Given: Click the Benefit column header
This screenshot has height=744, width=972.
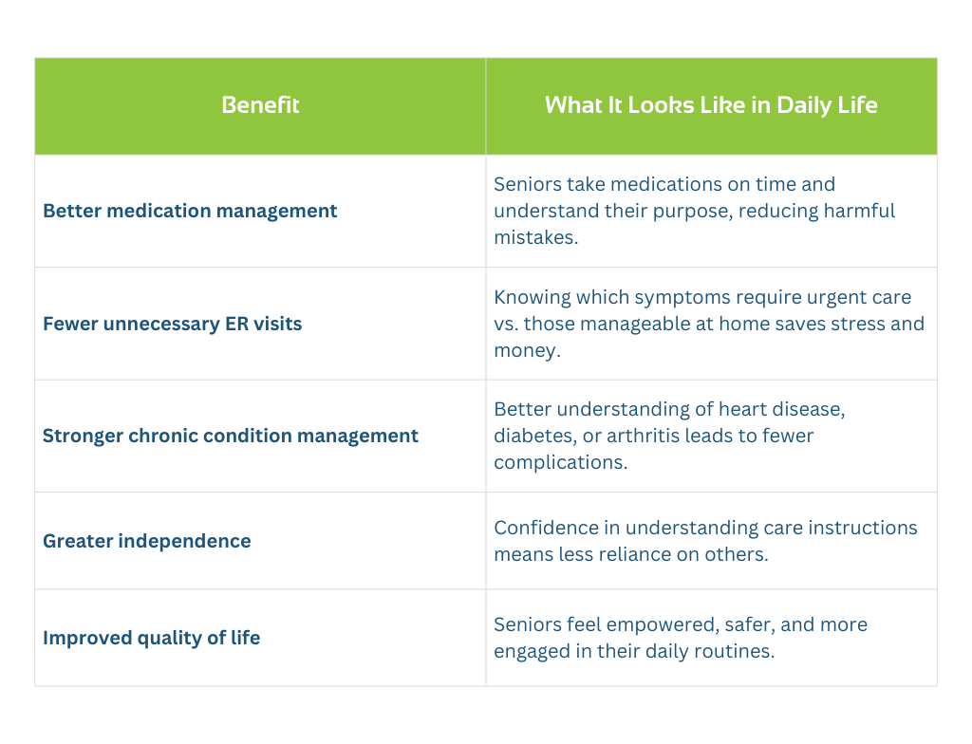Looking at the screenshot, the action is point(260,104).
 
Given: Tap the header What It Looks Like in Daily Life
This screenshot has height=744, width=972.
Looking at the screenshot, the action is point(711,105).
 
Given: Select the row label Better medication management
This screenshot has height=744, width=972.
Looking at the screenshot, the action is point(190,211).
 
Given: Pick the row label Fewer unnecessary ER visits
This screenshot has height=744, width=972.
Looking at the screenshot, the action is point(173,324).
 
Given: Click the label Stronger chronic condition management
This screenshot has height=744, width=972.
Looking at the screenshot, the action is point(231,436).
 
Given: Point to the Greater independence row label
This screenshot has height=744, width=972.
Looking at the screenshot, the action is point(147,541).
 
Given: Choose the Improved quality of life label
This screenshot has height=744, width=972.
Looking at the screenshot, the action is point(151,638).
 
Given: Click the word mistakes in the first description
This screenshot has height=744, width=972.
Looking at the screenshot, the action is point(535,237).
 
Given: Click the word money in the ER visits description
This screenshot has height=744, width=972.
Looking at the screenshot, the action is point(527,351).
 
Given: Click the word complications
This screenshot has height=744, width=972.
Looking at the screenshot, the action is point(560,463).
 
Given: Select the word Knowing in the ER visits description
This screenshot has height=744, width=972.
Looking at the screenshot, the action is point(533,298).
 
